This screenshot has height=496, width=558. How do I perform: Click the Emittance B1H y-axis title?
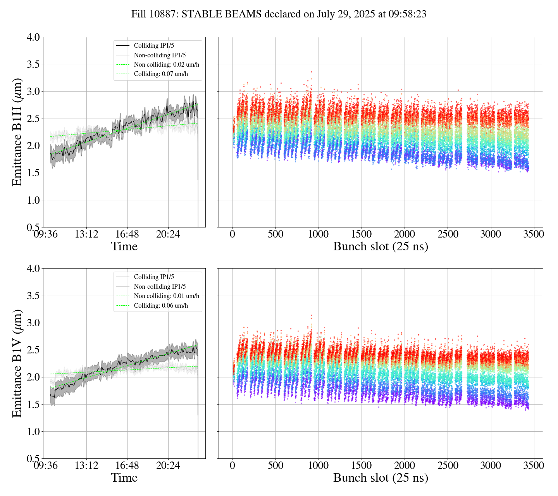tap(17, 132)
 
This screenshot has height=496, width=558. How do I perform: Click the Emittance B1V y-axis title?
tap(17, 363)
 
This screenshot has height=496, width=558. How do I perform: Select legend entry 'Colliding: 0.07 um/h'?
tap(161, 74)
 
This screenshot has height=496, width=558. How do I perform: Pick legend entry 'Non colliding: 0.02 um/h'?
tap(169, 64)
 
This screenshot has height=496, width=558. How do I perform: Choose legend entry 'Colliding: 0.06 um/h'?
tap(161, 305)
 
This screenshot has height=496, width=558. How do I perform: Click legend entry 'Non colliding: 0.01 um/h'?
tap(167, 296)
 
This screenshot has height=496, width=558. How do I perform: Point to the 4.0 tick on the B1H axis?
tap(33, 37)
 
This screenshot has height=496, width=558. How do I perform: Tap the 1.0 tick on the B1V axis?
tap(33, 432)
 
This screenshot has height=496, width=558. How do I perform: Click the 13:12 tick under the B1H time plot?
tap(86, 234)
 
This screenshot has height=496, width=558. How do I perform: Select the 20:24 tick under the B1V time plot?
tap(168, 465)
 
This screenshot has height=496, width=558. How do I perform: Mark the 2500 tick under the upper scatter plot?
tap(448, 234)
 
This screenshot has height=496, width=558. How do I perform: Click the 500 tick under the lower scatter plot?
tap(275, 465)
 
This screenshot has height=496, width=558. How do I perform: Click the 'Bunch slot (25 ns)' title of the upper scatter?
tap(381, 246)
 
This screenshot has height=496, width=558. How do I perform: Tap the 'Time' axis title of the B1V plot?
tap(124, 478)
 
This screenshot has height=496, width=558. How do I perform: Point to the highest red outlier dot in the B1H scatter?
tap(311, 72)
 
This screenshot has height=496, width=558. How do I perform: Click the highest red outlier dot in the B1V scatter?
tap(311, 315)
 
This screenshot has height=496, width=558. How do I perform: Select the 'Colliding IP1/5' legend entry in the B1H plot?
tap(154, 46)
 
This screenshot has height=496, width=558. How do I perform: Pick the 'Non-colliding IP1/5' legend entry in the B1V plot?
tap(160, 286)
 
